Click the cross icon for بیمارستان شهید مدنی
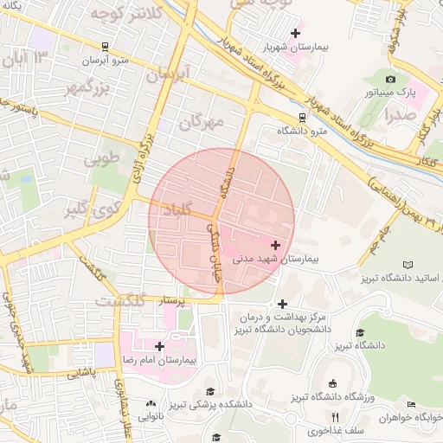(276, 246)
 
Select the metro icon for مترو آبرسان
(105, 47)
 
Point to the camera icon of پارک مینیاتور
(390, 79)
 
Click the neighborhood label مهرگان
(201, 122)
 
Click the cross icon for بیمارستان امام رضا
(158, 346)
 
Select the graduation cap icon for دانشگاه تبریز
(359, 332)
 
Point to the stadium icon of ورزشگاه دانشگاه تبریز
(333, 383)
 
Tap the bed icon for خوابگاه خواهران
(411, 404)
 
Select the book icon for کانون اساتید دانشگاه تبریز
(408, 264)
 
